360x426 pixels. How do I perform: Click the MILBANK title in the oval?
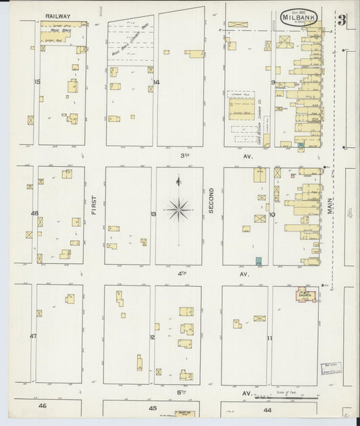click(298, 17)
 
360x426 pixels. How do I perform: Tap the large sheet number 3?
click(342, 19)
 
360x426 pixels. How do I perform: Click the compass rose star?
click(178, 209)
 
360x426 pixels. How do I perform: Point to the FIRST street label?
click(95, 205)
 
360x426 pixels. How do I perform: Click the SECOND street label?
click(211, 201)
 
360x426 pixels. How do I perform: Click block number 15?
click(38, 82)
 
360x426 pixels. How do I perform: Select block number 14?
click(156, 82)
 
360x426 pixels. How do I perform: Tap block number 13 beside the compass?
click(153, 214)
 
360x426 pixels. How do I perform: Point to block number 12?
click(153, 337)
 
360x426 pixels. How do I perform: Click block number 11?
click(269, 338)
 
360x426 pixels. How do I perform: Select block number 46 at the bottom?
click(42, 406)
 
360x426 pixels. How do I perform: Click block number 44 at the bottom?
click(268, 410)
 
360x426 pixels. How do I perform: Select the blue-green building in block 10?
click(258, 261)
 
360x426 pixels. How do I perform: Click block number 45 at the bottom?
click(153, 408)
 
